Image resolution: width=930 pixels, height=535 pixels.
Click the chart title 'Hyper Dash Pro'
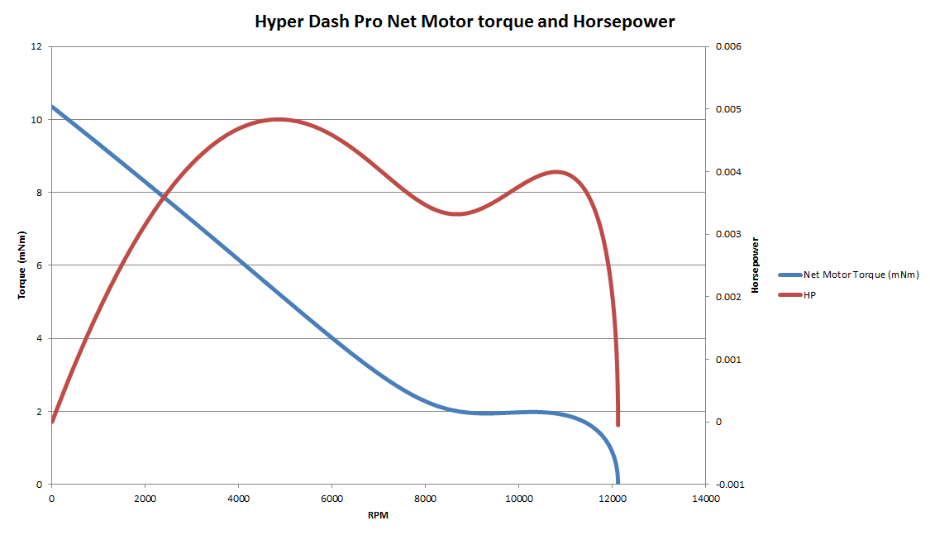tap(465, 22)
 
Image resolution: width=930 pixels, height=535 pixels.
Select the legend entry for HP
tap(808, 295)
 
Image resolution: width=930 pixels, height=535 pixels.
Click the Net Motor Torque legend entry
tap(860, 275)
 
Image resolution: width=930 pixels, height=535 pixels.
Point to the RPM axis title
tap(378, 515)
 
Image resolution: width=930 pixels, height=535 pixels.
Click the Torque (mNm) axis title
tap(23, 265)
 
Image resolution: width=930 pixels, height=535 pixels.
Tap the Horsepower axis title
tap(755, 265)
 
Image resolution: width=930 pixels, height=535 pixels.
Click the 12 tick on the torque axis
tap(36, 46)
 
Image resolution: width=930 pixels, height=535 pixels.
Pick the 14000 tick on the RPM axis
tap(705, 499)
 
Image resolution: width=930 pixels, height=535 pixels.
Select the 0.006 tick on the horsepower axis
tap(728, 46)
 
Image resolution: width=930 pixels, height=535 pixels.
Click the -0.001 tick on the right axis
tap(728, 485)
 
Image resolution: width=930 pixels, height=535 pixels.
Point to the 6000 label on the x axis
tap(331, 499)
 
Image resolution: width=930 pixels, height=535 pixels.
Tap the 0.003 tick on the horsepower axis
tap(728, 234)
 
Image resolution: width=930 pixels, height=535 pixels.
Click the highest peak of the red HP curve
tap(278, 119)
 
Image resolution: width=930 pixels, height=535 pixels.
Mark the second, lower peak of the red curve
tap(557, 172)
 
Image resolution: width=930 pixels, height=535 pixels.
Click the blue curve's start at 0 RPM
tap(53, 107)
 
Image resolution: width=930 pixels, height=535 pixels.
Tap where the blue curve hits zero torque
tap(617, 482)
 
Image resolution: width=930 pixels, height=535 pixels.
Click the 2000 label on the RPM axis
tap(145, 499)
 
